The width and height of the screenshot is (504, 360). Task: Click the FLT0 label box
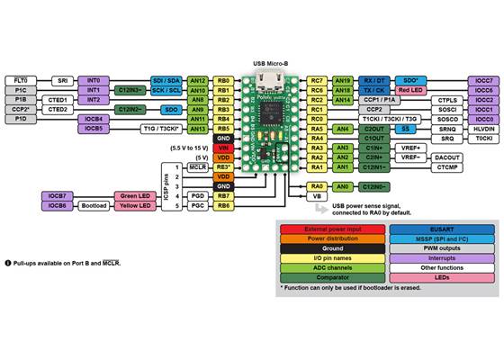coord(21,80)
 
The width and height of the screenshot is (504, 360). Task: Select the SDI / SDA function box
coord(168,80)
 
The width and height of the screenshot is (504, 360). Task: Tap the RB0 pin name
coord(224,80)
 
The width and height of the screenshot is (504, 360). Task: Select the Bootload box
coord(93,206)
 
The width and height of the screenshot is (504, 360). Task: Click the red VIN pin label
coord(224,148)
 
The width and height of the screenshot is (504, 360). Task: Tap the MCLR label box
coord(198,166)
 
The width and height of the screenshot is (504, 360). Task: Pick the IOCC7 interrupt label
coord(483,80)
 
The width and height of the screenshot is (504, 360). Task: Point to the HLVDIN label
coord(483,129)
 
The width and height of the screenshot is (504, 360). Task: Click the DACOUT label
coord(447,157)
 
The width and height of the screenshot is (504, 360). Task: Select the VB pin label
coord(316,195)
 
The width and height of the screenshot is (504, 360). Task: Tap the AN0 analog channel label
coord(342,186)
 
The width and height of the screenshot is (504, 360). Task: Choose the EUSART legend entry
coord(442,229)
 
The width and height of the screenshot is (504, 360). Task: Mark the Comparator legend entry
coord(332,278)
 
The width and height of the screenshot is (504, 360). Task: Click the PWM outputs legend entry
coord(442,248)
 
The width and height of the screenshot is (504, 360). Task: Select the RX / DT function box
coord(373,80)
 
